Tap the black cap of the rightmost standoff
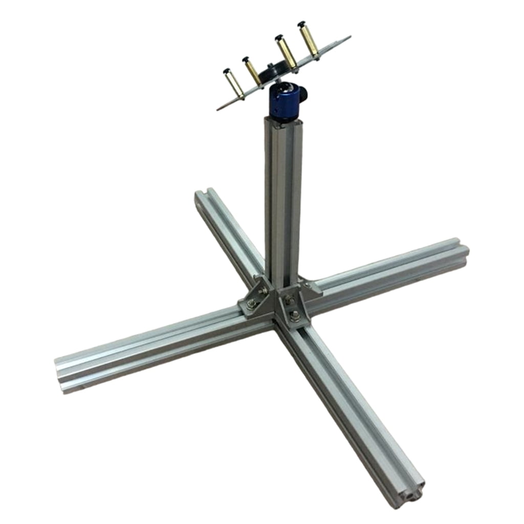302,24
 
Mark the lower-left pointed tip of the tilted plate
219,109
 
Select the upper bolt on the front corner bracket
289,299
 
